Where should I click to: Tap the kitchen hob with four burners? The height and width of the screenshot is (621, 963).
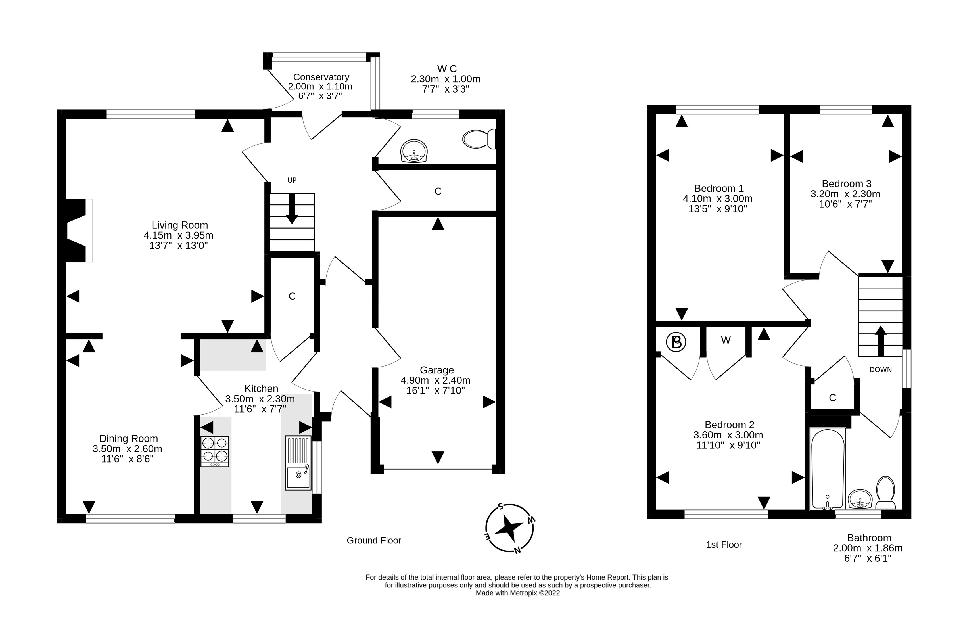click(214, 451)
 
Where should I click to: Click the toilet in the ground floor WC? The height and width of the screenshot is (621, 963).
click(479, 139)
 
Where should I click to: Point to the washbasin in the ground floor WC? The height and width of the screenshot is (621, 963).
click(414, 151)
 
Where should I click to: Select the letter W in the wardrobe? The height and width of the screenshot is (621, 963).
click(726, 340)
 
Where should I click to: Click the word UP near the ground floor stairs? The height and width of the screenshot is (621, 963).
click(292, 180)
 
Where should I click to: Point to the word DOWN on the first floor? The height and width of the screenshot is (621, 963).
click(880, 369)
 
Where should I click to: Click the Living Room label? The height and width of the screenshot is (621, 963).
click(180, 225)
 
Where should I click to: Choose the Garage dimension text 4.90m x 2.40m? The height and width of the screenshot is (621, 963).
click(436, 380)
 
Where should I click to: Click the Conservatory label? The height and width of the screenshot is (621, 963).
click(321, 77)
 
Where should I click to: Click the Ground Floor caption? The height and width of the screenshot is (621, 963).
click(374, 540)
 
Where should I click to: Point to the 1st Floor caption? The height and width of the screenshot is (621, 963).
click(724, 545)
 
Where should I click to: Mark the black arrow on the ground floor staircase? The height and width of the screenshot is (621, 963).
click(292, 208)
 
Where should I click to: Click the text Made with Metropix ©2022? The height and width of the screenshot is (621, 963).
click(518, 593)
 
